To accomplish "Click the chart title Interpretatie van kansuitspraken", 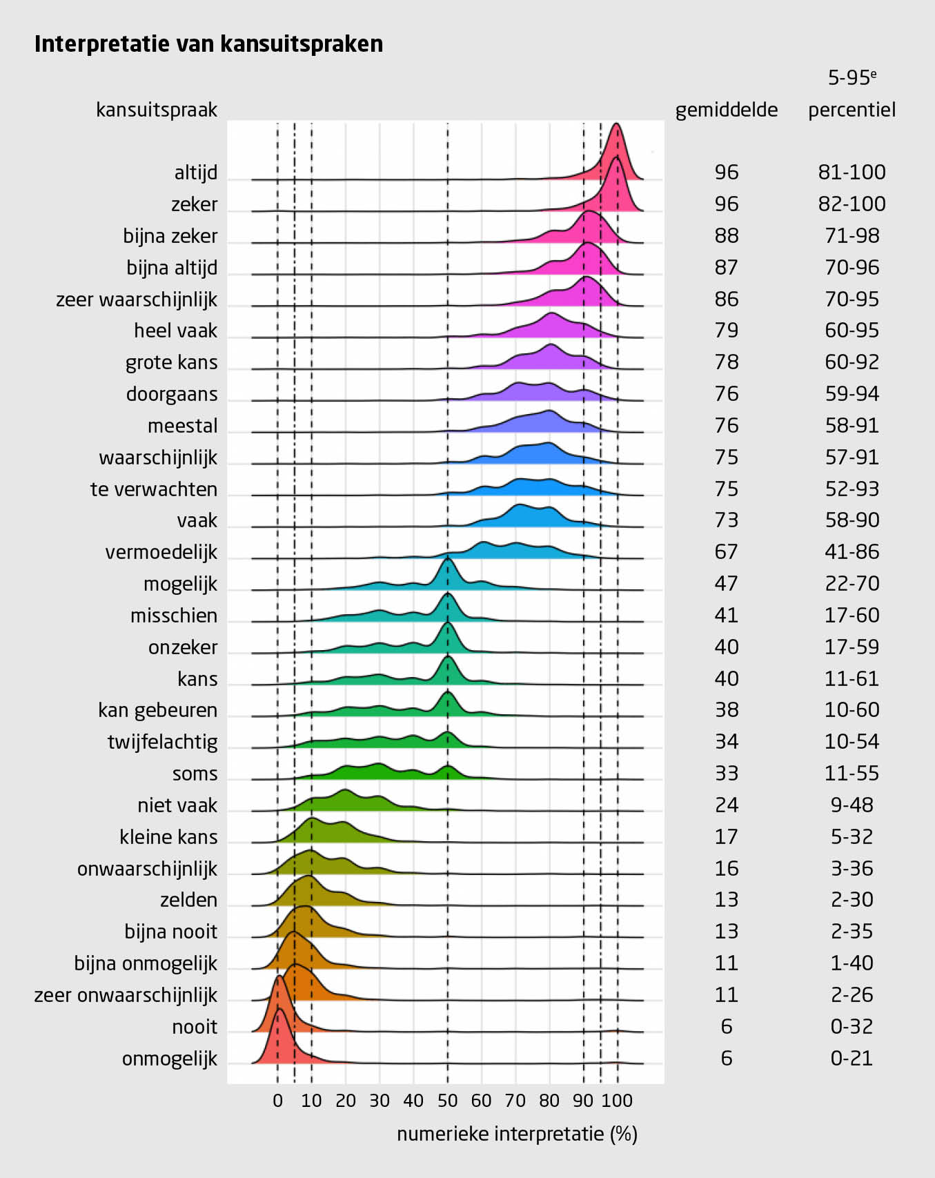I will pyautogui.click(x=208, y=44).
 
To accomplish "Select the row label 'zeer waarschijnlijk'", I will pyautogui.click(x=137, y=300).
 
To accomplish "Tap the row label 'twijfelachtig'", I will pyautogui.click(x=162, y=742).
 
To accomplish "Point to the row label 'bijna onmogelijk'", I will pyautogui.click(x=146, y=963).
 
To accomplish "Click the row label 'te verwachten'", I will pyautogui.click(x=153, y=489).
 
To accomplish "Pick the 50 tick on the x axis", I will pyautogui.click(x=447, y=1100).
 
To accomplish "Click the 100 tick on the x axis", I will pyautogui.click(x=617, y=1100).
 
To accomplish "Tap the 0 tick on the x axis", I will pyautogui.click(x=277, y=1100).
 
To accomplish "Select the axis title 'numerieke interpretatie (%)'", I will pyautogui.click(x=517, y=1134).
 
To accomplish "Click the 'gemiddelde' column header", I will pyautogui.click(x=726, y=110).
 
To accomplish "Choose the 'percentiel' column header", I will pyautogui.click(x=852, y=110).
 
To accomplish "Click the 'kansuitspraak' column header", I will pyautogui.click(x=157, y=110).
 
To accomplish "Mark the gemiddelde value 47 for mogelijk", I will pyautogui.click(x=726, y=584).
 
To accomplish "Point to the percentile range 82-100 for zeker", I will pyautogui.click(x=852, y=204).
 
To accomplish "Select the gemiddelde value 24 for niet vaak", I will pyautogui.click(x=726, y=805).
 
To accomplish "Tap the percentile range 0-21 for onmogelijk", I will pyautogui.click(x=852, y=1059).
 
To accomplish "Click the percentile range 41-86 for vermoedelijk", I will pyautogui.click(x=852, y=552).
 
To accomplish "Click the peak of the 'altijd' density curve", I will pyautogui.click(x=616, y=125).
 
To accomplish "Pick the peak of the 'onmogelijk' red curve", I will pyautogui.click(x=279, y=1009).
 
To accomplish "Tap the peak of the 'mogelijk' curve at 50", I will pyautogui.click(x=448, y=558).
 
